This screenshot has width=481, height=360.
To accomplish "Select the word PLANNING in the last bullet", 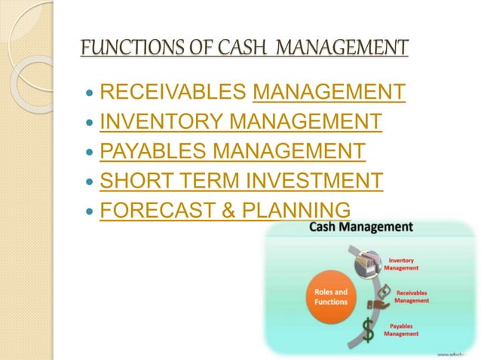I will [302, 210].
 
